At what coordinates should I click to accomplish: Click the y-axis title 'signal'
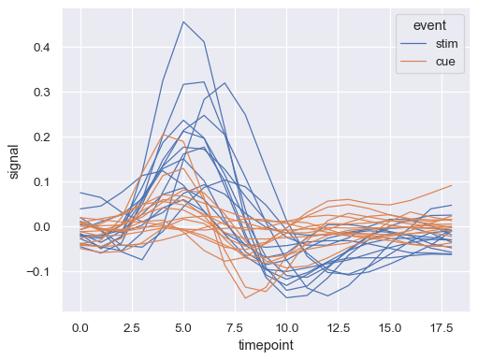[x=15, y=160]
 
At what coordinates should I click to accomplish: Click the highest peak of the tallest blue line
[x=183, y=22]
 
